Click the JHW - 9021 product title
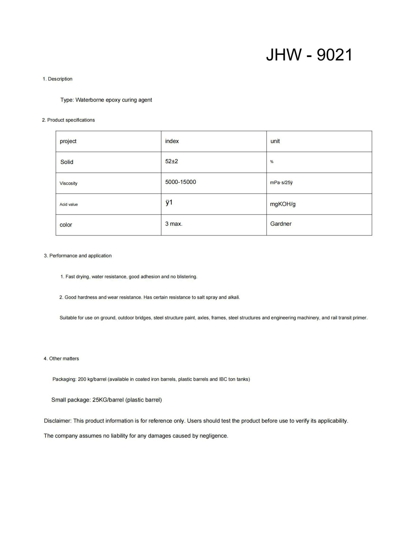click(x=309, y=55)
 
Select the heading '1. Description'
click(x=57, y=79)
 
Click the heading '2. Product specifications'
click(x=68, y=120)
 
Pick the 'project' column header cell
click(x=68, y=141)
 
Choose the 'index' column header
click(x=172, y=141)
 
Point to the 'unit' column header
click(x=275, y=141)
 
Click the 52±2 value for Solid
click(x=172, y=161)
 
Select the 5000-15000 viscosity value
click(x=180, y=182)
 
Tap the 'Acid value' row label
click(x=69, y=205)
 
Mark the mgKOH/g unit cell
click(x=283, y=204)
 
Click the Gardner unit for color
click(x=281, y=224)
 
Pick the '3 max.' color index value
click(x=174, y=224)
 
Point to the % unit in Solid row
click(x=272, y=162)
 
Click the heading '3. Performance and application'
click(x=78, y=256)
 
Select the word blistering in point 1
click(x=187, y=277)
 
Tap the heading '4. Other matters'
click(x=61, y=359)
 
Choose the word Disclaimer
click(x=58, y=421)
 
